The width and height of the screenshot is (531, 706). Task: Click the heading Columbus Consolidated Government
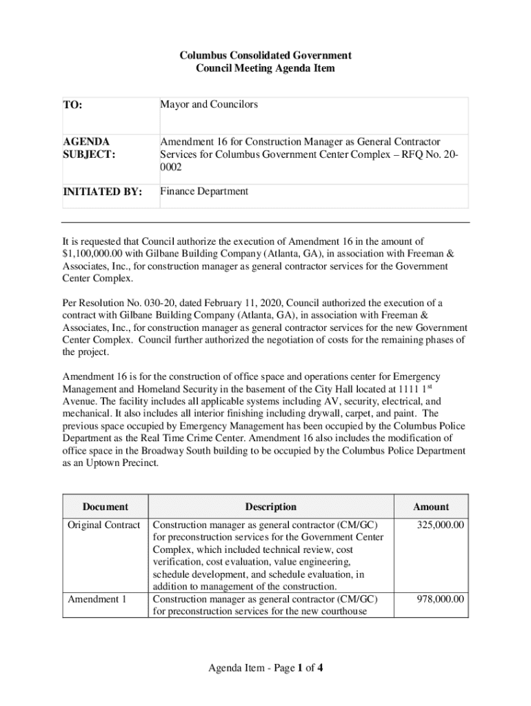pyautogui.click(x=265, y=55)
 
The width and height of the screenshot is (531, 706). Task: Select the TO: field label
pyautogui.click(x=72, y=105)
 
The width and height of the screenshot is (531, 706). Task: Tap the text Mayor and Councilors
pyautogui.click(x=209, y=104)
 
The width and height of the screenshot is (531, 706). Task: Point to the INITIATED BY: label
pyautogui.click(x=102, y=192)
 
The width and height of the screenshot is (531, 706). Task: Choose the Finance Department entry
pyautogui.click(x=204, y=192)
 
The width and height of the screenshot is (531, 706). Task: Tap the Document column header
pyautogui.click(x=106, y=507)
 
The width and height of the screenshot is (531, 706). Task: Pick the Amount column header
pyautogui.click(x=431, y=507)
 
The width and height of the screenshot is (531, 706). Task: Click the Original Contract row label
pyautogui.click(x=104, y=525)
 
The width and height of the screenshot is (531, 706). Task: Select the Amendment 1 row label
pyautogui.click(x=97, y=599)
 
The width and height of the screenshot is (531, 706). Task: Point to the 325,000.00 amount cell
pyautogui.click(x=441, y=525)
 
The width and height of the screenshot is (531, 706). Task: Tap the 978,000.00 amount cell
pyautogui.click(x=441, y=599)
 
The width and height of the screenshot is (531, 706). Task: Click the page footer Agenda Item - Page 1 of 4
pyautogui.click(x=265, y=667)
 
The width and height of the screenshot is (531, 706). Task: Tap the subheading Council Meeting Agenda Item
pyautogui.click(x=265, y=68)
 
